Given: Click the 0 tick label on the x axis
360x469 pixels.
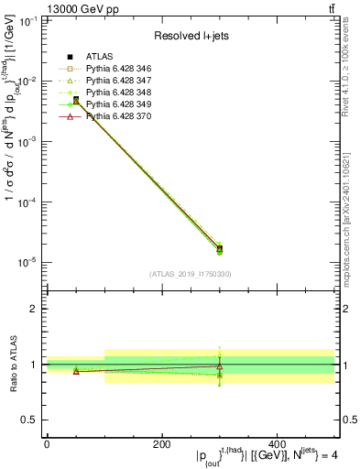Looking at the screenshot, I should click(x=46, y=445).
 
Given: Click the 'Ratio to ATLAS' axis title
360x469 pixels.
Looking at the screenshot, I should click(x=12, y=365).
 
